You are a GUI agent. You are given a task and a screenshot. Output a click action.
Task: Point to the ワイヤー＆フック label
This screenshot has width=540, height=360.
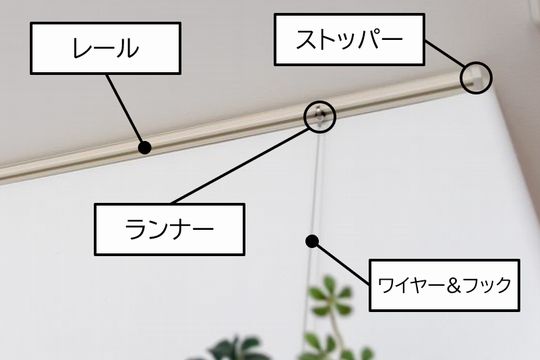pyautogui.click(x=444, y=284)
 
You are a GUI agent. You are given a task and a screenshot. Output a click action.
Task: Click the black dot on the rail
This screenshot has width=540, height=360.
pyautogui.click(x=145, y=148)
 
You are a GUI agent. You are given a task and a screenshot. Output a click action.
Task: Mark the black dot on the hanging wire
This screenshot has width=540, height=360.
pyautogui.click(x=313, y=240)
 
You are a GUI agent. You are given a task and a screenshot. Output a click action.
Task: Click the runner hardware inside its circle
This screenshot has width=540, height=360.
pyautogui.click(x=319, y=113)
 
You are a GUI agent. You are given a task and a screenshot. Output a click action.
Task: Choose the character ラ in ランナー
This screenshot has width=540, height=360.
pyautogui.click(x=135, y=229)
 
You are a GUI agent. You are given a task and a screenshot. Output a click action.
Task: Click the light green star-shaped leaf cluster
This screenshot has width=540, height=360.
pyautogui.click(x=330, y=299)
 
